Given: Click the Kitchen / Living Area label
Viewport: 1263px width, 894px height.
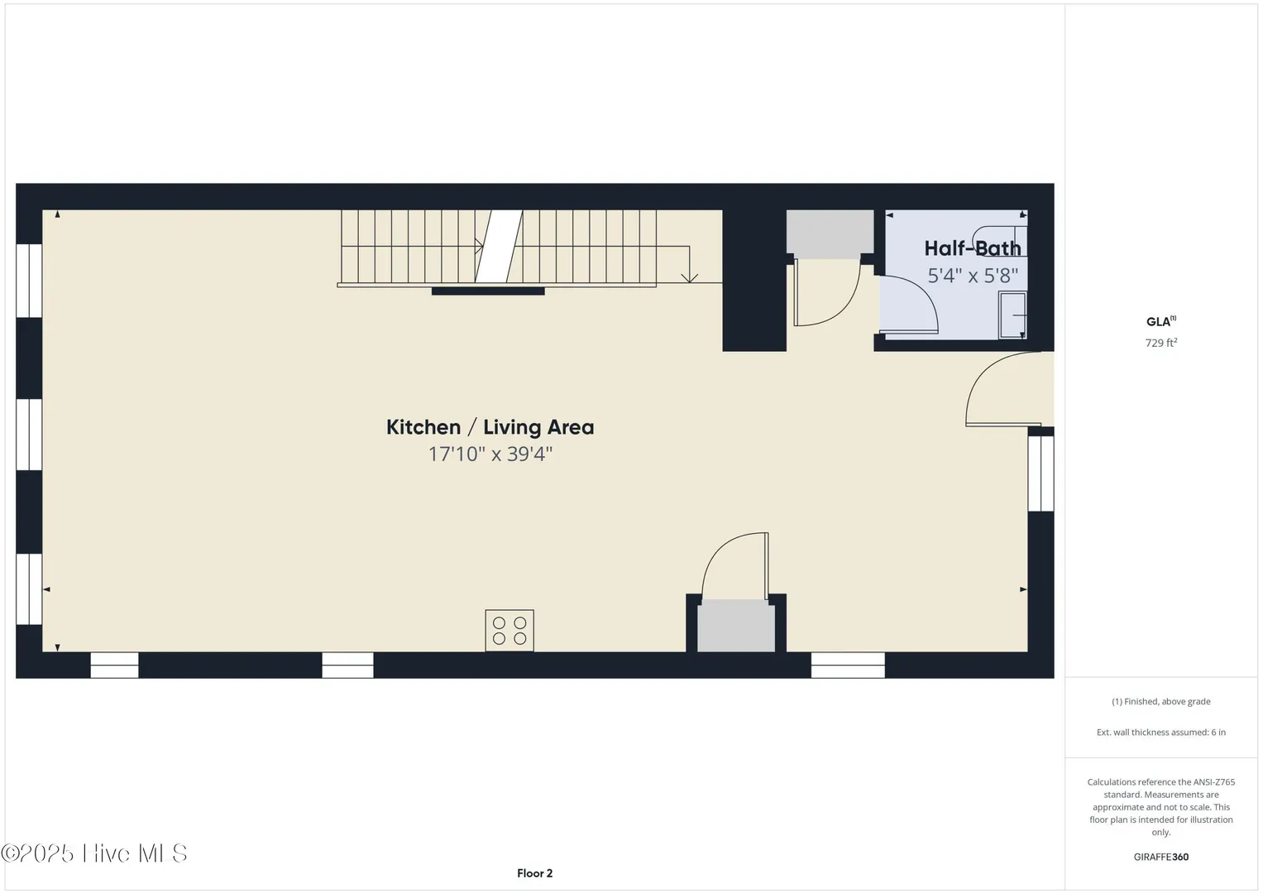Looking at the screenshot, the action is click(x=490, y=427).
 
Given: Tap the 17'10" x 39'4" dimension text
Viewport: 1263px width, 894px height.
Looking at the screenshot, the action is click(x=490, y=454).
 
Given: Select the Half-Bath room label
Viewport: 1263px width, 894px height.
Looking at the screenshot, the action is click(x=973, y=248).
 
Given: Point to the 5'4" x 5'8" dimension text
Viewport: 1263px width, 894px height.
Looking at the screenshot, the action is click(x=973, y=276).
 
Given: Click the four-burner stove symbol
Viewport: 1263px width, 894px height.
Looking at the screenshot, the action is click(x=510, y=631).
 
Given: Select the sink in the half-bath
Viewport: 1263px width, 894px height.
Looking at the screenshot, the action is click(x=1012, y=315).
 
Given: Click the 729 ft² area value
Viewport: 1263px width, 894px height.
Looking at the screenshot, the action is click(x=1161, y=343).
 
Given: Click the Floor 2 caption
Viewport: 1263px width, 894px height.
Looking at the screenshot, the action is click(x=534, y=873).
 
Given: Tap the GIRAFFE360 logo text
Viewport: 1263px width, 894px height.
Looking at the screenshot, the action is click(x=1161, y=857).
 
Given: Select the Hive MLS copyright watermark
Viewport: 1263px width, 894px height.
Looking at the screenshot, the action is click(x=93, y=853).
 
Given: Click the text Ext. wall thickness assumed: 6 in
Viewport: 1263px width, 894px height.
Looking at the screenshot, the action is click(x=1161, y=732).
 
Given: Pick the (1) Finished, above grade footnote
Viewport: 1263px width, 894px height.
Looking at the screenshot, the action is click(x=1161, y=702).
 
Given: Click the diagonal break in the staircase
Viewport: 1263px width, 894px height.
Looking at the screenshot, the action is click(x=499, y=246).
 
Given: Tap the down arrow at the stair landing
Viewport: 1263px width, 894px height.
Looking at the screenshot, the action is click(x=689, y=277).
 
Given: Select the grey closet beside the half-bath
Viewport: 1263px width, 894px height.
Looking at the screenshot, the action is click(x=830, y=234).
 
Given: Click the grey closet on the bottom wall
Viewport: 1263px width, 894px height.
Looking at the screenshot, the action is click(x=736, y=626).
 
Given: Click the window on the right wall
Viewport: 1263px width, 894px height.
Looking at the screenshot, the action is click(x=1041, y=473).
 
